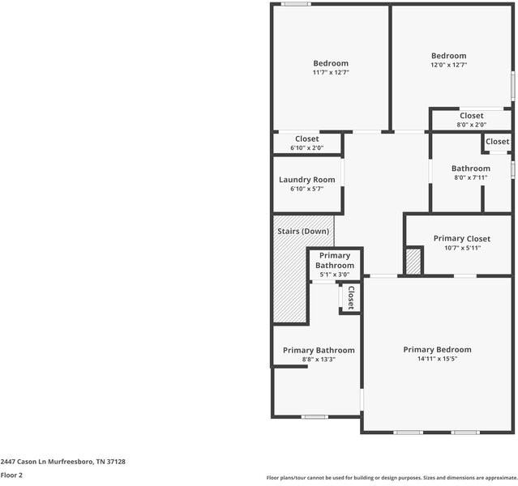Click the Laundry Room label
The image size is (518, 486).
[306, 180]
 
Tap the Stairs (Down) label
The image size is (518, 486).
[304, 232]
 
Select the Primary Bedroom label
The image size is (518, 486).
[437, 350]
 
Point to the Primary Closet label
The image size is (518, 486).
[461, 239]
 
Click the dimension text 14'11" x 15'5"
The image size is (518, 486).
[437, 359]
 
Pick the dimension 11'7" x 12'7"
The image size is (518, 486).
[331, 73]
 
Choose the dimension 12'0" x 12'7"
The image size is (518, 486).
[448, 65]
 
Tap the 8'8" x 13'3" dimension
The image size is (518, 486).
[319, 360]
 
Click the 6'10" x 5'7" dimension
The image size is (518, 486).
[306, 189]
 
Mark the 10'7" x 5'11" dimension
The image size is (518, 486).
[462, 248]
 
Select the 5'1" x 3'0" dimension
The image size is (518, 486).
[334, 275]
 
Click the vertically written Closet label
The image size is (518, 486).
[351, 298]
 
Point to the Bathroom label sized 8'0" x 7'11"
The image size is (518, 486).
[470, 168]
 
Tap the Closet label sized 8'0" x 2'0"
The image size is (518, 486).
[471, 116]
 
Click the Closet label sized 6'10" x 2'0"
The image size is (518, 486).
[306, 139]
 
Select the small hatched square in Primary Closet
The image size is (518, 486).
[413, 262]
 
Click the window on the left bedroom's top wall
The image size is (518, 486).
[296, 5]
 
